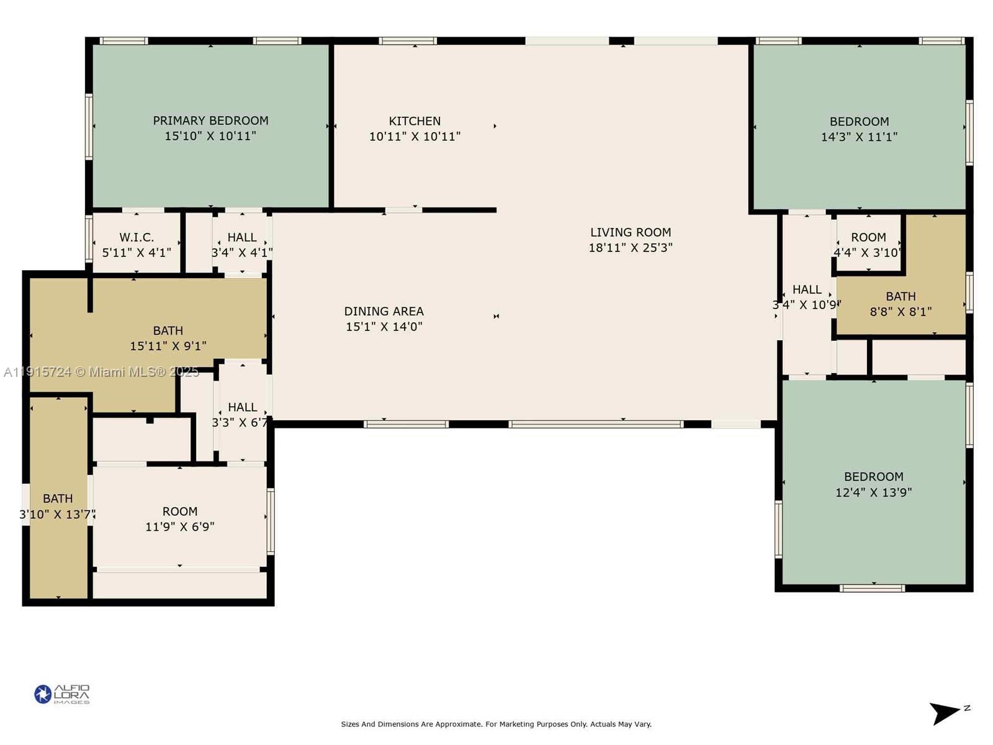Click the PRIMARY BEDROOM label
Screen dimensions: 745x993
click(210, 120)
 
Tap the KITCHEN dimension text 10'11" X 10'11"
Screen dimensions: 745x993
click(415, 137)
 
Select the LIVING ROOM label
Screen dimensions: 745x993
click(630, 232)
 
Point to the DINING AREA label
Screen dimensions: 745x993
click(384, 311)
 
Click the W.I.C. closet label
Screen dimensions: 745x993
click(137, 237)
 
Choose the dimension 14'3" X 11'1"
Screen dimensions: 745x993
click(859, 137)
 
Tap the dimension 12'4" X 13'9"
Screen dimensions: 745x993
click(873, 492)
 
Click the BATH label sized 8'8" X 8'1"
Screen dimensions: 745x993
click(901, 296)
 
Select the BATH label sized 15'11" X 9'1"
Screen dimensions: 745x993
click(168, 330)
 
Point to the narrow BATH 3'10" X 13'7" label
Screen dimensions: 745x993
click(58, 499)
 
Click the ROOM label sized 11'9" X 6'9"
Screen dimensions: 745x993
click(180, 512)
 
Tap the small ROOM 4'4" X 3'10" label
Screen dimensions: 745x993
click(868, 237)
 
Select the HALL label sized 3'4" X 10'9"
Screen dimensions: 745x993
click(807, 289)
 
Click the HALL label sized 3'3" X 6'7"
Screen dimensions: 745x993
click(242, 407)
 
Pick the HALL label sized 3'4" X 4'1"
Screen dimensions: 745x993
click(242, 237)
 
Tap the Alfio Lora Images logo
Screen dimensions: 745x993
click(61, 694)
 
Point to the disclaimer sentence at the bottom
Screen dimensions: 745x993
click(496, 724)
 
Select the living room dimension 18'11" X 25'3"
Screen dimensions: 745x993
click(630, 248)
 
